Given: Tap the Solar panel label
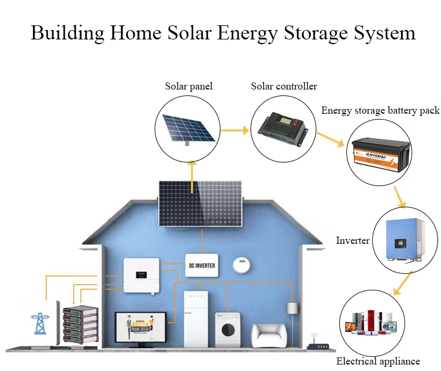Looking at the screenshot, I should coord(188,87).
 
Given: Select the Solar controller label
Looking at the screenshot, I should coord(284,87).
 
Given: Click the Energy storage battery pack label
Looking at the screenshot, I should coord(380,110).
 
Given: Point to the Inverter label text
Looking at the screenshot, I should coord(353,240).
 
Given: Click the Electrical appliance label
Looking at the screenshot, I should coord(378,361).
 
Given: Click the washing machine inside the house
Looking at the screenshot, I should coord(227,330).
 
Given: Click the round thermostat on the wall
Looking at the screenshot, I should coord(242,264).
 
